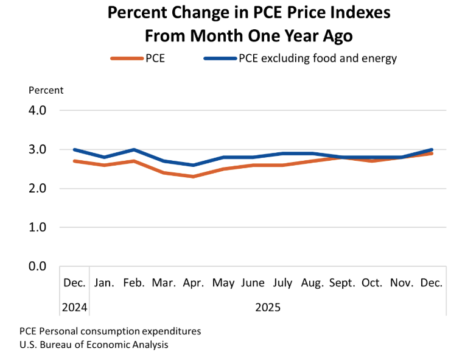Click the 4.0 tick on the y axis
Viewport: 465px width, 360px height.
38,111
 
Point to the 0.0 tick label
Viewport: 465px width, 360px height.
38,266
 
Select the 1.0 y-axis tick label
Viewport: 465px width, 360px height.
38,227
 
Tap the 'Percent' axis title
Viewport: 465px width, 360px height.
46,90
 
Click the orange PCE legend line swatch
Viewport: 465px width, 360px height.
126,59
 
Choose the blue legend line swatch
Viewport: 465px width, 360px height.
220,59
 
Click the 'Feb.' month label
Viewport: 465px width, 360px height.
134,283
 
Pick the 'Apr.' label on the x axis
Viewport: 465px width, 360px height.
194,283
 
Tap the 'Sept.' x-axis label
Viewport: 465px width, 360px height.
343,283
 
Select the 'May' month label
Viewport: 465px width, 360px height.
223,283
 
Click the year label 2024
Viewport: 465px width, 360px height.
75,307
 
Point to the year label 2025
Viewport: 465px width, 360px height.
268,307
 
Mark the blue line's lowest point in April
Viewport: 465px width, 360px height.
194,165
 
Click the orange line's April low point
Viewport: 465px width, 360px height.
194,177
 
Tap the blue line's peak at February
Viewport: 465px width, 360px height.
134,149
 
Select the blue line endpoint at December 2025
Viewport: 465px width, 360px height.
432,149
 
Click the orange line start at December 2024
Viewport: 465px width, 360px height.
74,161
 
